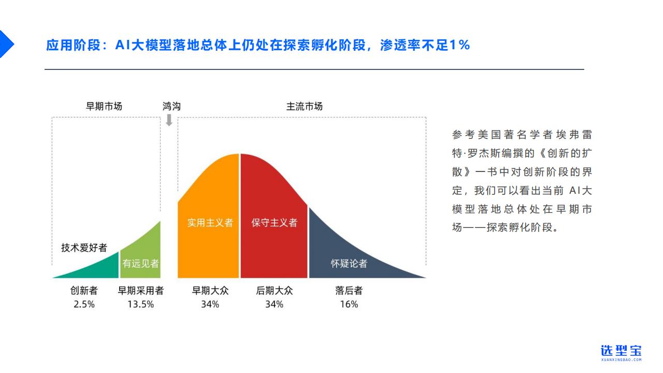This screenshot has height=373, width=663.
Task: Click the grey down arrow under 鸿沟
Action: coord(169,120)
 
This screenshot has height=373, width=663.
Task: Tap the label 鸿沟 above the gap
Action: coord(171,106)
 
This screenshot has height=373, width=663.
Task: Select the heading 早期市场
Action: coord(104,106)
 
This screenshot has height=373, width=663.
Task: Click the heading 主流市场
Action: coord(304,106)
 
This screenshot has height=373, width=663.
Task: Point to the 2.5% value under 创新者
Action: coord(84,304)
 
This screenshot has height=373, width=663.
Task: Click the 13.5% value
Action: coord(140,304)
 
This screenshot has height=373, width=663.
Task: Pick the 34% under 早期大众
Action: coord(210,304)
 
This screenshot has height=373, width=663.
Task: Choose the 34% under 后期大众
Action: coord(274,304)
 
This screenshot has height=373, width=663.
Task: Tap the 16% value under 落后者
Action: coord(349,304)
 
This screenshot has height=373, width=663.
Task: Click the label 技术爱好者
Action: coord(84,248)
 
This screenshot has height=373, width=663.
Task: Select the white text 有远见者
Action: coord(140,264)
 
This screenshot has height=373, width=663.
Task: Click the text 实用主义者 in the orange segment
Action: coord(210,223)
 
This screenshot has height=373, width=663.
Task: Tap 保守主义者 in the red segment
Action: coord(274,223)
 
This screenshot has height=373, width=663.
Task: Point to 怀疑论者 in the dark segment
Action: coord(349,264)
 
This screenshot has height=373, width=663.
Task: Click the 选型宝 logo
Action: coord(621,353)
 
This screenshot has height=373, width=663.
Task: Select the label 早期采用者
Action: coord(140,291)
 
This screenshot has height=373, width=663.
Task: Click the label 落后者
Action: coord(349,291)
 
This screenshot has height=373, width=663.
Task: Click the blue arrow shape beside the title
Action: coord(5,44)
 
